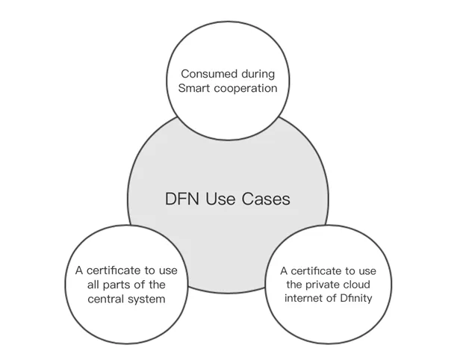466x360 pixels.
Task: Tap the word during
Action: click(x=258, y=75)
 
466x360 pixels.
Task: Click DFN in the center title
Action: click(x=182, y=199)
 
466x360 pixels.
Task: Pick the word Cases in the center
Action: click(x=266, y=199)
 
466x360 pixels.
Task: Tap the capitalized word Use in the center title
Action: click(x=220, y=199)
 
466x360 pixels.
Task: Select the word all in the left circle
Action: click(x=93, y=285)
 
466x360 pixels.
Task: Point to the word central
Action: click(x=105, y=299)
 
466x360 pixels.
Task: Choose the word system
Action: click(x=146, y=300)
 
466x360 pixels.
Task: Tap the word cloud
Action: click(x=355, y=285)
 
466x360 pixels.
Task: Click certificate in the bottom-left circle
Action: click(x=114, y=270)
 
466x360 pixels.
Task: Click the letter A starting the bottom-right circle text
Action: click(x=284, y=271)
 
